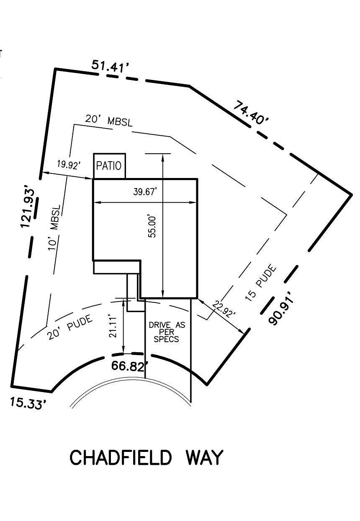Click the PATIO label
(x=109, y=166)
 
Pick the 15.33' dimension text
(x=28, y=404)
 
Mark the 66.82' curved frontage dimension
(x=130, y=366)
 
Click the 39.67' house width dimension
(x=145, y=192)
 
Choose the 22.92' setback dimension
(x=224, y=309)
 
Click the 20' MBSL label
(x=109, y=121)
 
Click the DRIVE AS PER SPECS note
(x=167, y=332)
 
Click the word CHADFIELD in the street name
(x=121, y=458)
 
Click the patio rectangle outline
(x=109, y=154)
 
